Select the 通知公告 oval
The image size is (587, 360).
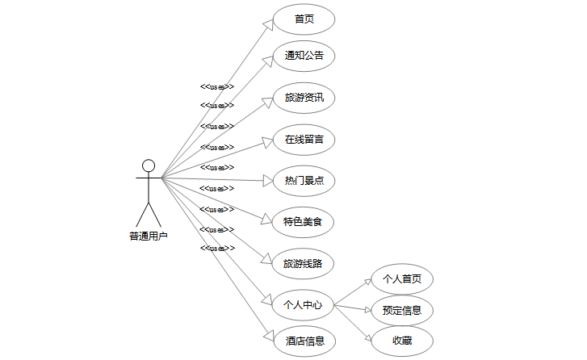point(304,57)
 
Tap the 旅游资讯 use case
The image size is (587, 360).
point(304,98)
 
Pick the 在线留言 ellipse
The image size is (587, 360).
point(304,140)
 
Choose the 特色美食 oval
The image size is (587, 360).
point(304,221)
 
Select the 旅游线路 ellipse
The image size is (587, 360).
point(304,263)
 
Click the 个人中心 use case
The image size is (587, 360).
point(304,305)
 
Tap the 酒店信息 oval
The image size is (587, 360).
point(304,341)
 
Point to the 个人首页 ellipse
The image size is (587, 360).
point(402,279)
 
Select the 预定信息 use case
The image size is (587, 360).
point(402,310)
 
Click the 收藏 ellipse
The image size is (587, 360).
point(402,341)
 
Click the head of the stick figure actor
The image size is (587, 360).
point(149,165)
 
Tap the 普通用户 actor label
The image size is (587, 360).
point(149,237)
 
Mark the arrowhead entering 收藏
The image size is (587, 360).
point(367,335)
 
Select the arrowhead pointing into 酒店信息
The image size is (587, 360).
point(269,337)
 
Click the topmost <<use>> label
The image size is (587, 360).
point(217,86)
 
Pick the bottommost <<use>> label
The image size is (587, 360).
point(217,248)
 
